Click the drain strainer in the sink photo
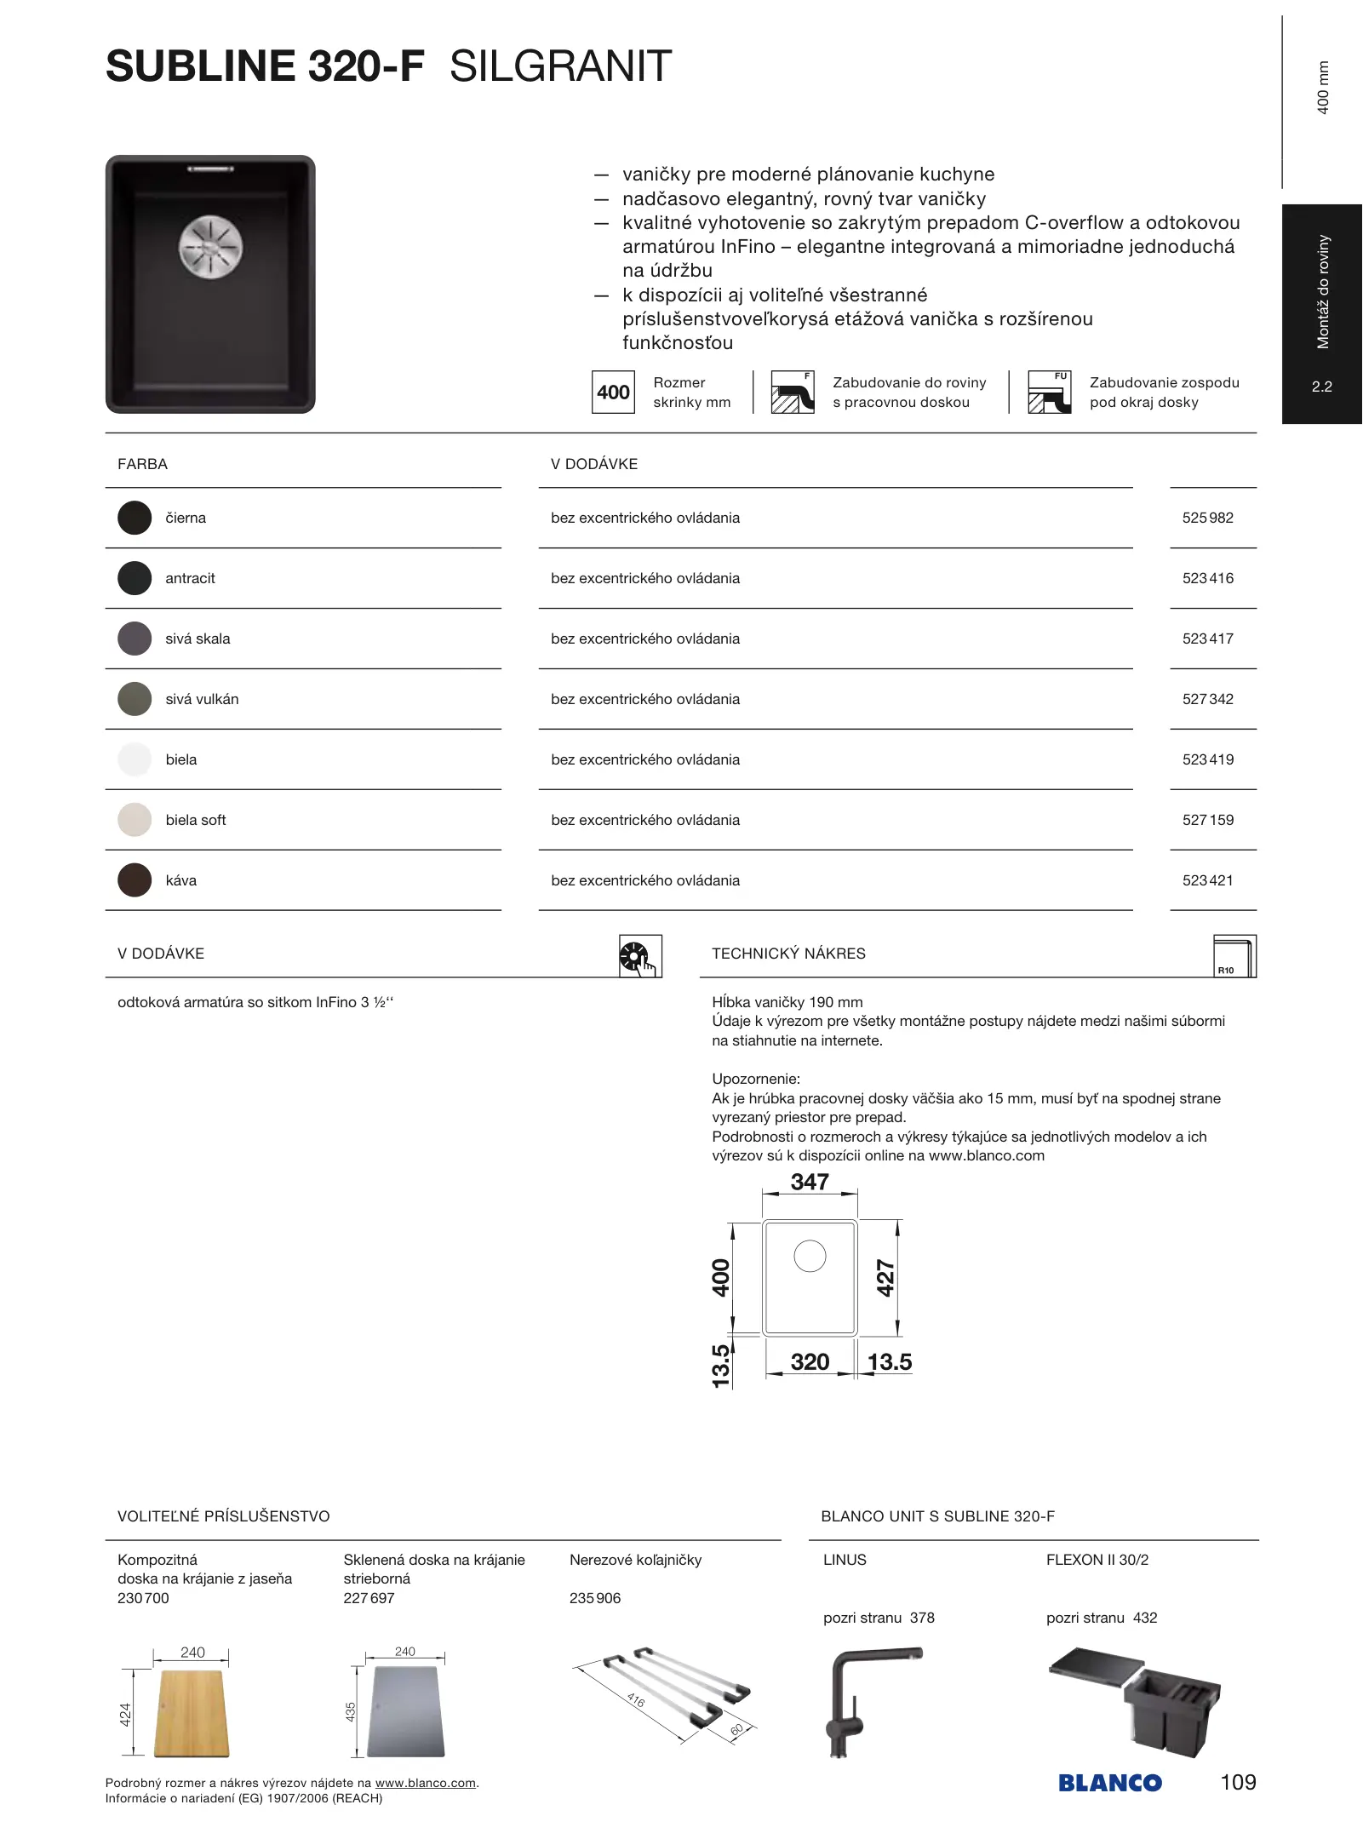coord(210,248)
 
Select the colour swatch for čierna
coord(135,518)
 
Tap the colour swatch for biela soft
coord(135,820)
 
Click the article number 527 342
coord(1207,699)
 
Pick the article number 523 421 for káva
coord(1207,880)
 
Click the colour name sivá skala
coord(198,639)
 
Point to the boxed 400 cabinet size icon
coord(613,392)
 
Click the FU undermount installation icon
coord(1049,392)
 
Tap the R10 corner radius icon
coord(1234,956)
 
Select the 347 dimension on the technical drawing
coord(810,1182)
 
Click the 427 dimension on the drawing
coord(886,1278)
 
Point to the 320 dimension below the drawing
coord(810,1362)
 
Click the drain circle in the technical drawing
coord(810,1256)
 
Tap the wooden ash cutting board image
coord(191,1714)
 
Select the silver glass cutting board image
coord(406,1711)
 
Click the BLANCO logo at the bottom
coord(1109,1783)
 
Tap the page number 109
coord(1238,1782)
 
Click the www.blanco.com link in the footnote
coord(425,1783)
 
